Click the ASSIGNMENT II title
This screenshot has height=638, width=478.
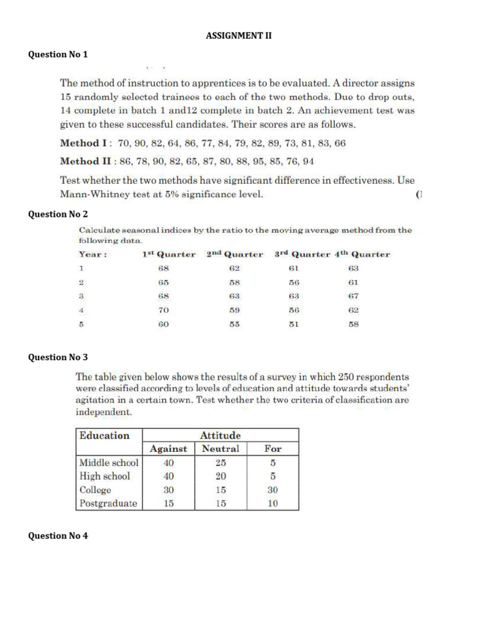239,36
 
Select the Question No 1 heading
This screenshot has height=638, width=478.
59,54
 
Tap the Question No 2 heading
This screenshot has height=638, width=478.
59,214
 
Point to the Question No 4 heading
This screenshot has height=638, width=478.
59,535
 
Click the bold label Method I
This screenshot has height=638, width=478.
79,143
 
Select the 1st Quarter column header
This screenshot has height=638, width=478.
169,254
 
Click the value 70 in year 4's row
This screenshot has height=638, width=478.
164,310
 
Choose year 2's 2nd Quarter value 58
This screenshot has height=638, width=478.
234,282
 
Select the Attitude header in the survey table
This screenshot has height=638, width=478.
220,436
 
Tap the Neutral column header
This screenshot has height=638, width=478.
220,449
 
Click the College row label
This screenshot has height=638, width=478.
95,490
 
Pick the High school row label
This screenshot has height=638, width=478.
105,476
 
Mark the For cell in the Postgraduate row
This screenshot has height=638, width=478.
273,504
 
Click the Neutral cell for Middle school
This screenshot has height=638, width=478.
220,463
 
